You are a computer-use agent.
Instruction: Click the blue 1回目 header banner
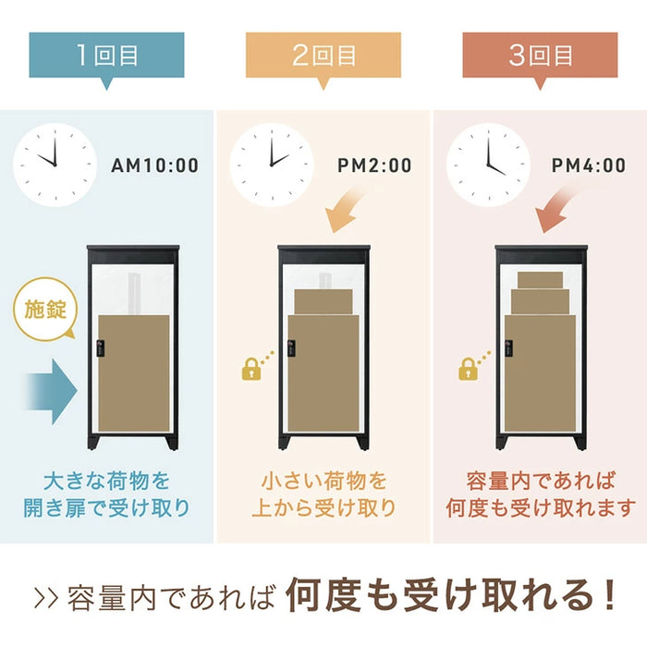pyautogui.click(x=106, y=55)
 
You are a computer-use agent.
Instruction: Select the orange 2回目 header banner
pyautogui.click(x=323, y=55)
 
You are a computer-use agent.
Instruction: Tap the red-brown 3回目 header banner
pyautogui.click(x=541, y=55)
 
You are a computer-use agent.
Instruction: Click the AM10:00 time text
pyautogui.click(x=154, y=166)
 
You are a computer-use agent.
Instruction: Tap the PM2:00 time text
pyautogui.click(x=374, y=166)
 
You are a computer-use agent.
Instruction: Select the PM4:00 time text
pyautogui.click(x=589, y=166)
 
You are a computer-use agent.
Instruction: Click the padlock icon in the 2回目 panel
pyautogui.click(x=250, y=371)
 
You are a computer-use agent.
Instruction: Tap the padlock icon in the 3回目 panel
pyautogui.click(x=468, y=371)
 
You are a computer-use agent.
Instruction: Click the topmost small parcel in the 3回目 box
pyautogui.click(x=541, y=279)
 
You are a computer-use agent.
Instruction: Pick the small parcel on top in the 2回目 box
pyautogui.click(x=323, y=300)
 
